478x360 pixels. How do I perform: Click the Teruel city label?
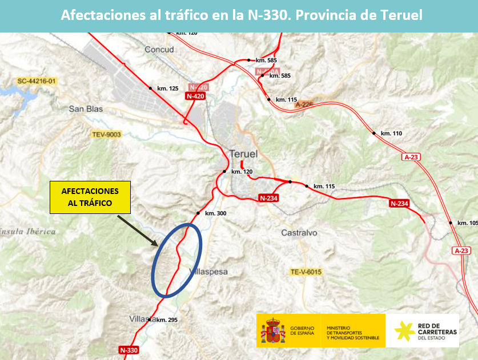243,154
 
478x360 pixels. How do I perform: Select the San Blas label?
85,108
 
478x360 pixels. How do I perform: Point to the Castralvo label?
299,233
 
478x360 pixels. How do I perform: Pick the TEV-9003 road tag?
107,135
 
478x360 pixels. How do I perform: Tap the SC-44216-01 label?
37,81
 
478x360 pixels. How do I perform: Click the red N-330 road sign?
130,349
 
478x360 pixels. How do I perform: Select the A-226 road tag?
304,104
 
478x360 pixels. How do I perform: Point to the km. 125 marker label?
167,88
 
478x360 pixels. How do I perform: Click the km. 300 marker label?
215,213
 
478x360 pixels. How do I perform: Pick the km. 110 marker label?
391,134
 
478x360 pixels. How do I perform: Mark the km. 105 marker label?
467,223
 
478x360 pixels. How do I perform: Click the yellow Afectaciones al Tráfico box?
90,197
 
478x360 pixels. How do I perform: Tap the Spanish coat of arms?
273,331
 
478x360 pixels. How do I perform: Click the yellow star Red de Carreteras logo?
404,331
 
